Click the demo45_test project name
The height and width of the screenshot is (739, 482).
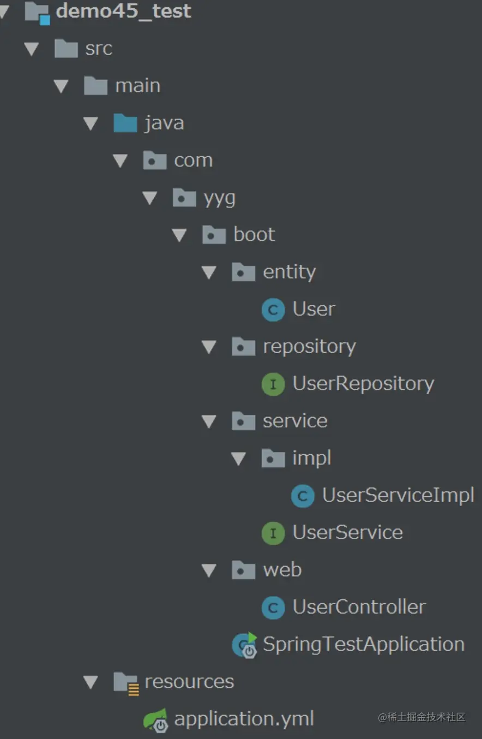coord(123,11)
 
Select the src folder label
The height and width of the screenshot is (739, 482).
coord(99,49)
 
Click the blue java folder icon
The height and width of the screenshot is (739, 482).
coord(125,123)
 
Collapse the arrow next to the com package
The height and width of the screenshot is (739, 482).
coord(119,161)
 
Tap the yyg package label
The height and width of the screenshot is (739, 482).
coord(219,198)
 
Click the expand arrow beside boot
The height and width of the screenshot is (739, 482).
coord(179,235)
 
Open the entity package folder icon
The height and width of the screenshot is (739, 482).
coord(243,272)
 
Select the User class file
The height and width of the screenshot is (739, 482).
coord(314,309)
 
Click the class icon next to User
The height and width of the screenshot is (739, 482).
coord(273,310)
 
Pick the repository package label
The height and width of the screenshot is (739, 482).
coord(309,347)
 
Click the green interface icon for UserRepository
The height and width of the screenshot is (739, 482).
coord(273,384)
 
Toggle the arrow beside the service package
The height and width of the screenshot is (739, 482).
coord(209,421)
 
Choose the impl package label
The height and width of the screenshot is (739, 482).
coord(311,458)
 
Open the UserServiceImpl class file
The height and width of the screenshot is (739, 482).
coord(398,496)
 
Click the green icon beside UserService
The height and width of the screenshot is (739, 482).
coord(273,533)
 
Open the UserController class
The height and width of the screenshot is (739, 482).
coord(359,607)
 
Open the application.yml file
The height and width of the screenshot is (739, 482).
coord(244,719)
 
